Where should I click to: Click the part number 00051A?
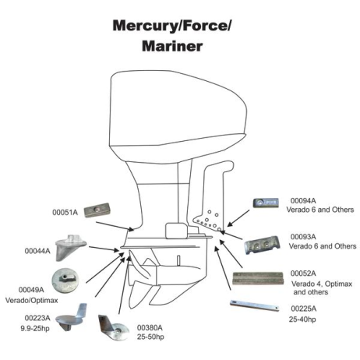pos(65,211)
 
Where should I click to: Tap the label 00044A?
pos(37,251)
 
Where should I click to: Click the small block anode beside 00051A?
pos(101,210)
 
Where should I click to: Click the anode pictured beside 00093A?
pos(263,246)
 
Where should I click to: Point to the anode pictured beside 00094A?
pos(263,203)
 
